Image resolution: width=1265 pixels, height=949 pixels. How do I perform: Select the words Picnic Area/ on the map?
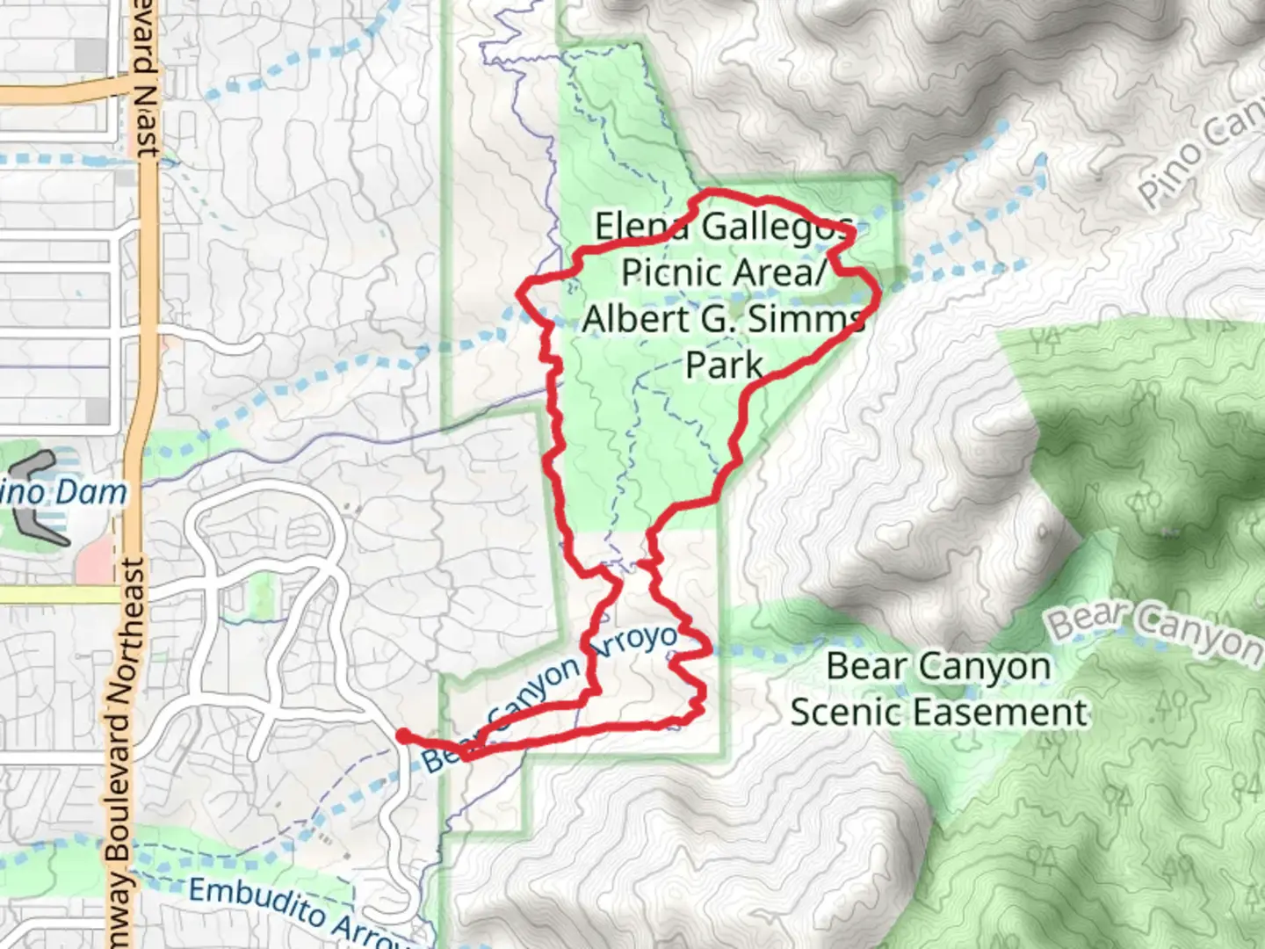(724, 272)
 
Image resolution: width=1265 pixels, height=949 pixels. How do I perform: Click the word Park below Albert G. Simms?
(723, 364)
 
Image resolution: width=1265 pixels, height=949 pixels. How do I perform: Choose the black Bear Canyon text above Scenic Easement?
(938, 666)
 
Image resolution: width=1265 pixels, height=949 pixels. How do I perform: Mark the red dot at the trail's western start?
(401, 735)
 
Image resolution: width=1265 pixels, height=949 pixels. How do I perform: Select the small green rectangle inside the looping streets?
(260, 595)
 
